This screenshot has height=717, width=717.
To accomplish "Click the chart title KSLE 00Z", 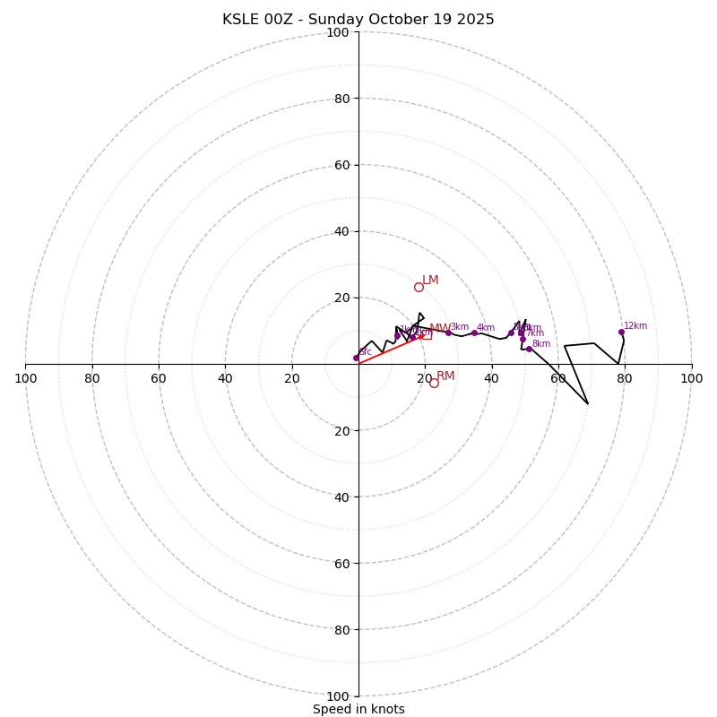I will pyautogui.click(x=358, y=20).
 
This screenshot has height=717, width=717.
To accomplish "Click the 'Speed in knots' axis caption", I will pyautogui.click(x=358, y=709).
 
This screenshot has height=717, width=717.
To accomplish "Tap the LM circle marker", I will pyautogui.click(x=419, y=287).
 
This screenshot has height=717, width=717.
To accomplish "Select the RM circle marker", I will pyautogui.click(x=434, y=383).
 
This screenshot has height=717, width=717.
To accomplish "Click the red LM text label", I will pyautogui.click(x=430, y=281).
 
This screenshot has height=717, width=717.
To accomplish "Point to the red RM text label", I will pyautogui.click(x=445, y=376).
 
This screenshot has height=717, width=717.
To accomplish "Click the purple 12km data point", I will pyautogui.click(x=621, y=332).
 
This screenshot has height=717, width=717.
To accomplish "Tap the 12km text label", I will pyautogui.click(x=635, y=326).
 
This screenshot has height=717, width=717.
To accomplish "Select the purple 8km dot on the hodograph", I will pyautogui.click(x=529, y=349).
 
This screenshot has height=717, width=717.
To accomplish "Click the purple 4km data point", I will pyautogui.click(x=474, y=333).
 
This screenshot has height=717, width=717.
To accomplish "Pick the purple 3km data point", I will pyautogui.click(x=448, y=333).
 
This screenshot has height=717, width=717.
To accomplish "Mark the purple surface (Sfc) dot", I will pyautogui.click(x=356, y=358).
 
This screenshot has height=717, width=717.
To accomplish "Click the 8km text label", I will pyautogui.click(x=541, y=344).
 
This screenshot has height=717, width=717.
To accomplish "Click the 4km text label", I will pyautogui.click(x=486, y=328).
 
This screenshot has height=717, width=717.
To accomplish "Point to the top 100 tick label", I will pyautogui.click(x=338, y=32).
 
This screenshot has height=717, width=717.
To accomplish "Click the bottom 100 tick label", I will pyautogui.click(x=338, y=696).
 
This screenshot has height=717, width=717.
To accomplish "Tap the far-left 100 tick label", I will pyautogui.click(x=25, y=378).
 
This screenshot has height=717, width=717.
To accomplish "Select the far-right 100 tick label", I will pyautogui.click(x=691, y=378).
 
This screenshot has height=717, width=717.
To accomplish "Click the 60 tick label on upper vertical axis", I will pyautogui.click(x=341, y=165).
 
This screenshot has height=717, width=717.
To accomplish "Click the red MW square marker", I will pyautogui.click(x=427, y=334).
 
